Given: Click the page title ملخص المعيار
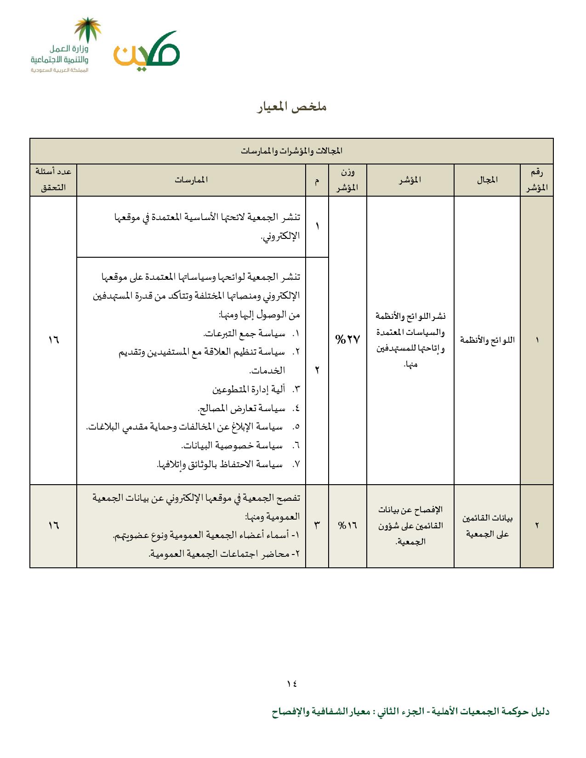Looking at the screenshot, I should pos(292,107).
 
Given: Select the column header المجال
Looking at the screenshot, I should pos(487,180).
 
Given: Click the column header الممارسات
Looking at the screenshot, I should pos(191,180).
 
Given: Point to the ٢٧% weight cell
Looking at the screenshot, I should pos(347,339).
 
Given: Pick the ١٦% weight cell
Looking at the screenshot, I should pos(347,525).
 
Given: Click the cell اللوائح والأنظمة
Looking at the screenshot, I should pos(487,340).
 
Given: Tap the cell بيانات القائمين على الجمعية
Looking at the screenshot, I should pos(487,526).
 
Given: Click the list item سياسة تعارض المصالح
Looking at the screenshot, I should pos(241,408).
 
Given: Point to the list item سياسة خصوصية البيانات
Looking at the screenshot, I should pos(232,445).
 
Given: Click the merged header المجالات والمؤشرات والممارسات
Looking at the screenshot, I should pos(291,151).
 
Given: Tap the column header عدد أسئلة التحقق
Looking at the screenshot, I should pos(53,180).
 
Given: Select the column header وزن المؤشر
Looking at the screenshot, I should pos(347,180).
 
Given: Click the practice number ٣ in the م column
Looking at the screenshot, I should pos(317,525).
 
